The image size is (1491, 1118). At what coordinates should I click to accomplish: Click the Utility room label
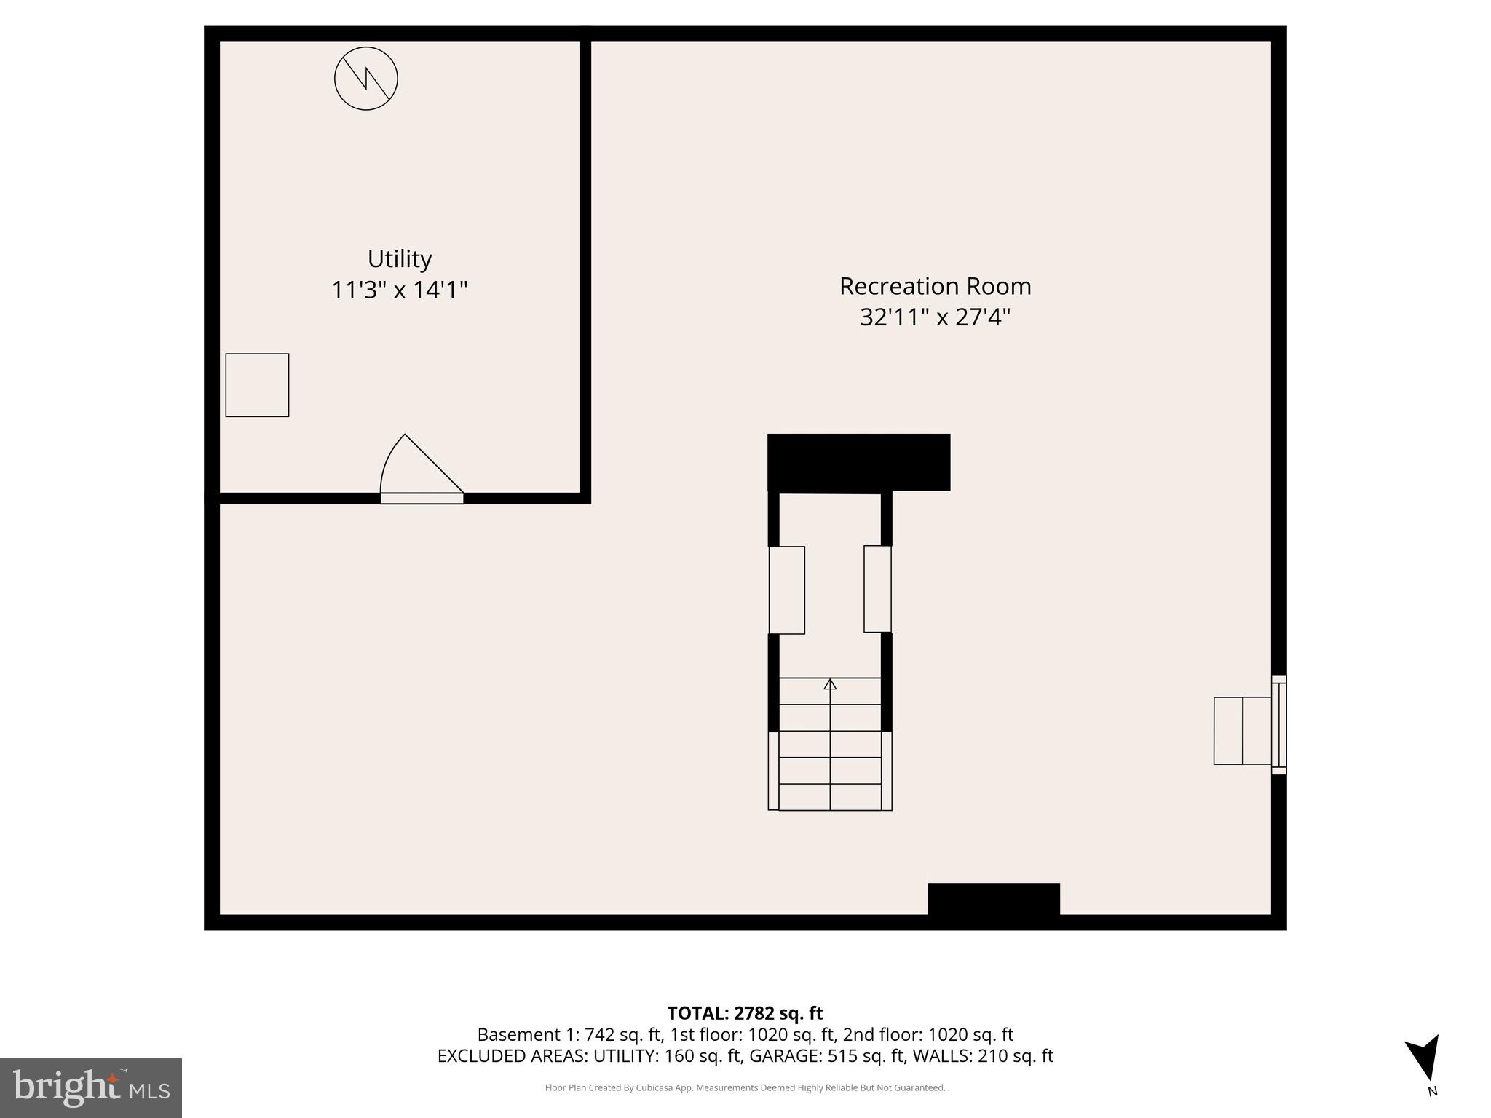(399, 259)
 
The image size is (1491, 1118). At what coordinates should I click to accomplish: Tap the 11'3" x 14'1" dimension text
(399, 290)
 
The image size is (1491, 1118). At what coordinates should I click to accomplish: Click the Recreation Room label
(935, 286)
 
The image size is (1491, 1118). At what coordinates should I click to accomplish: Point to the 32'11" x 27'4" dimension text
(935, 317)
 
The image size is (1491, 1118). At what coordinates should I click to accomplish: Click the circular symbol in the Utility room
(365, 79)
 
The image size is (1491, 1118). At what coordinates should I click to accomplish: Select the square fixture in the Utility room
(257, 385)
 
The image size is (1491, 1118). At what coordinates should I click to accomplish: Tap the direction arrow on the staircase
(830, 684)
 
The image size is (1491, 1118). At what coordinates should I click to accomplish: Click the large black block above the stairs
(858, 462)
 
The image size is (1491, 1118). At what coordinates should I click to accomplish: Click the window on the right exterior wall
(1278, 725)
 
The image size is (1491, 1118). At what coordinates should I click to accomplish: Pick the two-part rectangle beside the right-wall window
(1242, 731)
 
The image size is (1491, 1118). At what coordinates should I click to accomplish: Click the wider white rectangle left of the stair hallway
(786, 590)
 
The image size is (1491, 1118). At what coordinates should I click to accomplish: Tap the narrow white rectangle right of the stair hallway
(877, 589)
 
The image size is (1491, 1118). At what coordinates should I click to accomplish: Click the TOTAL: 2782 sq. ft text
(745, 1013)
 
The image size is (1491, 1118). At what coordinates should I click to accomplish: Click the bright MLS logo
(91, 1087)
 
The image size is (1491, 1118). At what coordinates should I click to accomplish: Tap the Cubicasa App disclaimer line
(745, 1088)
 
